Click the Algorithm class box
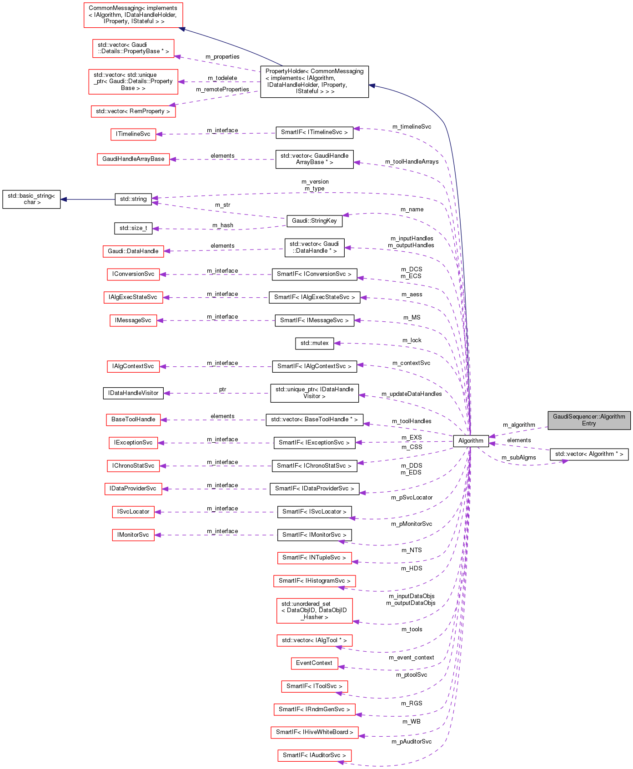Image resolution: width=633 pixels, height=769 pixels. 471,440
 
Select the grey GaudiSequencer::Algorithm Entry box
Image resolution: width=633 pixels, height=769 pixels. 589,420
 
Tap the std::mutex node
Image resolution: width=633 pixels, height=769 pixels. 314,343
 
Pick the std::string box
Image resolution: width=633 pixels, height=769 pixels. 133,199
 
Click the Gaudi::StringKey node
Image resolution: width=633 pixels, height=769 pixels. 314,221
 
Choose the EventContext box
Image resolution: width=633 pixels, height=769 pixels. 314,663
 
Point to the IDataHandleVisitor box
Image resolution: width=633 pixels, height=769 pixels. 133,393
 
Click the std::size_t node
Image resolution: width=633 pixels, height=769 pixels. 133,228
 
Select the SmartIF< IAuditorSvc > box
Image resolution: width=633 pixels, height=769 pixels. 314,755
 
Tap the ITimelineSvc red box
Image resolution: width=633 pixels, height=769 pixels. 133,134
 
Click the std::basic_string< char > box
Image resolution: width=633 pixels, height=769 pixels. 31,199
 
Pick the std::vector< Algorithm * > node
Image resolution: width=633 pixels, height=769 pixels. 589,454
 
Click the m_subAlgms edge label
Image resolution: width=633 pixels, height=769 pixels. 518,458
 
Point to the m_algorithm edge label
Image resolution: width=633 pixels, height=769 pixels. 519,425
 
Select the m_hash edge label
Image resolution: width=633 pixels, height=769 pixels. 223,225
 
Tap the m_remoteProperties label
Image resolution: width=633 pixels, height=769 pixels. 222,90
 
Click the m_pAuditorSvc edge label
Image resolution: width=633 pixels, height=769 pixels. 412,742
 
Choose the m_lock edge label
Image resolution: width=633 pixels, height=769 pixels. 412,340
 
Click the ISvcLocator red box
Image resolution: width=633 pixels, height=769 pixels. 133,512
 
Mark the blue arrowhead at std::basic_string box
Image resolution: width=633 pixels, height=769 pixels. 64,199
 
